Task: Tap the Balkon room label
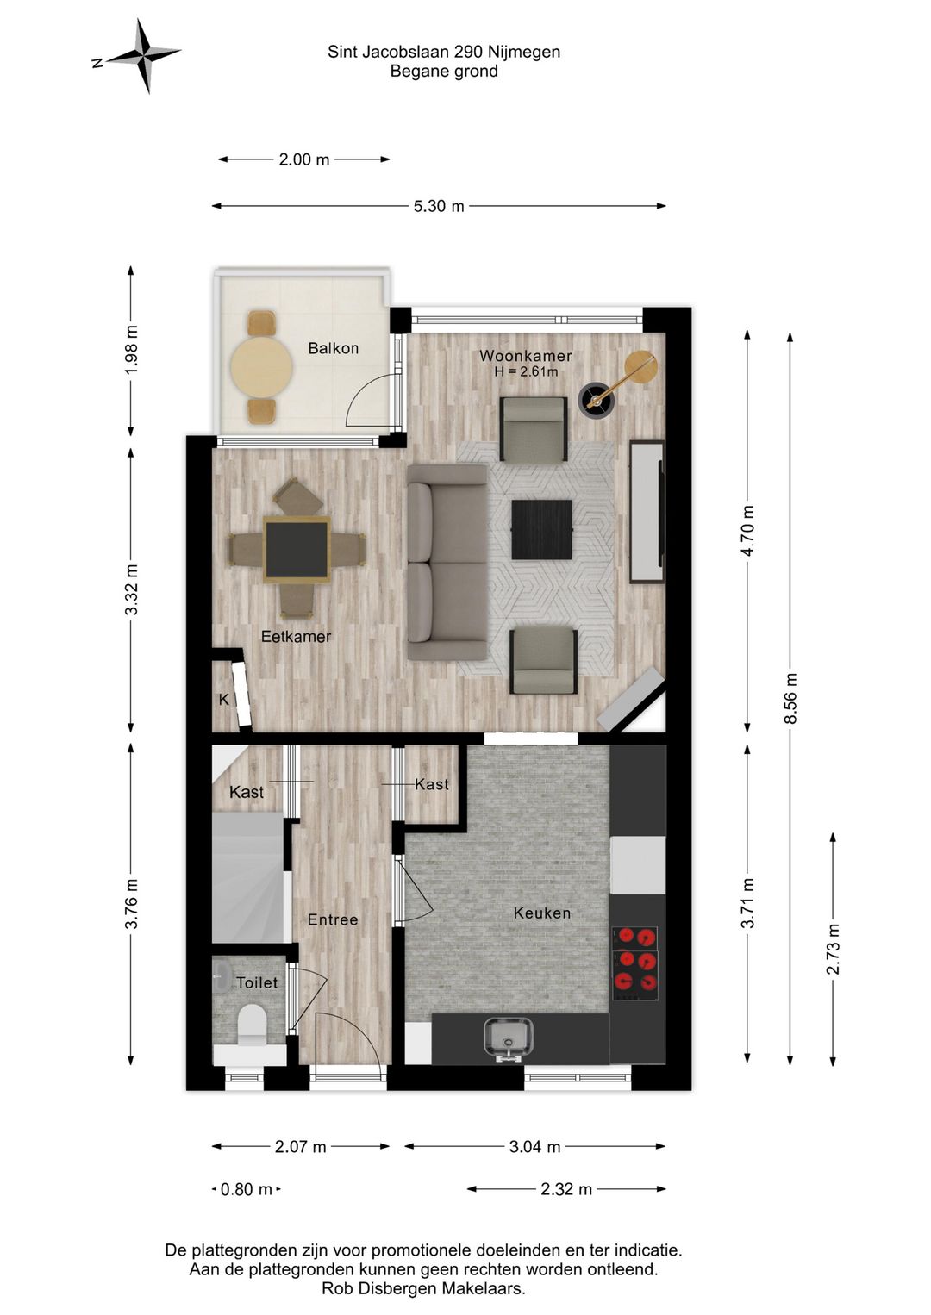[333, 348]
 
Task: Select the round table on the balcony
[261, 367]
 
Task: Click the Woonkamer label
[525, 356]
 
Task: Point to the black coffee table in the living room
[541, 529]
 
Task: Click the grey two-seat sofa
[447, 562]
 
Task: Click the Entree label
[333, 919]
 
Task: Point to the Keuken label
[541, 913]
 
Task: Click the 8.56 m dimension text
[791, 699]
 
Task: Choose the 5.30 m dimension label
[439, 206]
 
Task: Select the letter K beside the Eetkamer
[224, 700]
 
